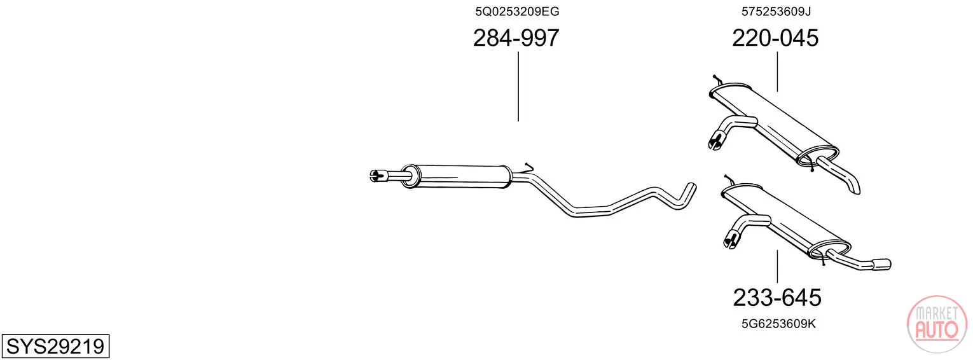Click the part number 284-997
pyautogui.click(x=516, y=38)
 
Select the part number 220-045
pyautogui.click(x=775, y=38)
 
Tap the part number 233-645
pyautogui.click(x=777, y=298)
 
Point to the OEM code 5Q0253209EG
pyautogui.click(x=517, y=11)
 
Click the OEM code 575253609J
pyautogui.click(x=776, y=11)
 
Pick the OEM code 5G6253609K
pyautogui.click(x=778, y=324)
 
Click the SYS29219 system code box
pyautogui.click(x=55, y=346)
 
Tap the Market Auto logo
pyautogui.click(x=937, y=324)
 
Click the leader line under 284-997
pyautogui.click(x=518, y=87)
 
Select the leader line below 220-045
pyautogui.click(x=777, y=72)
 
